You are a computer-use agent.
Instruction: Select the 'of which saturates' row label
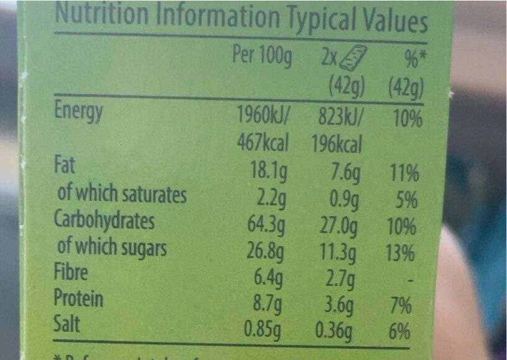click(x=121, y=195)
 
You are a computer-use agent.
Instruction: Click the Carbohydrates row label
click(x=104, y=221)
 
